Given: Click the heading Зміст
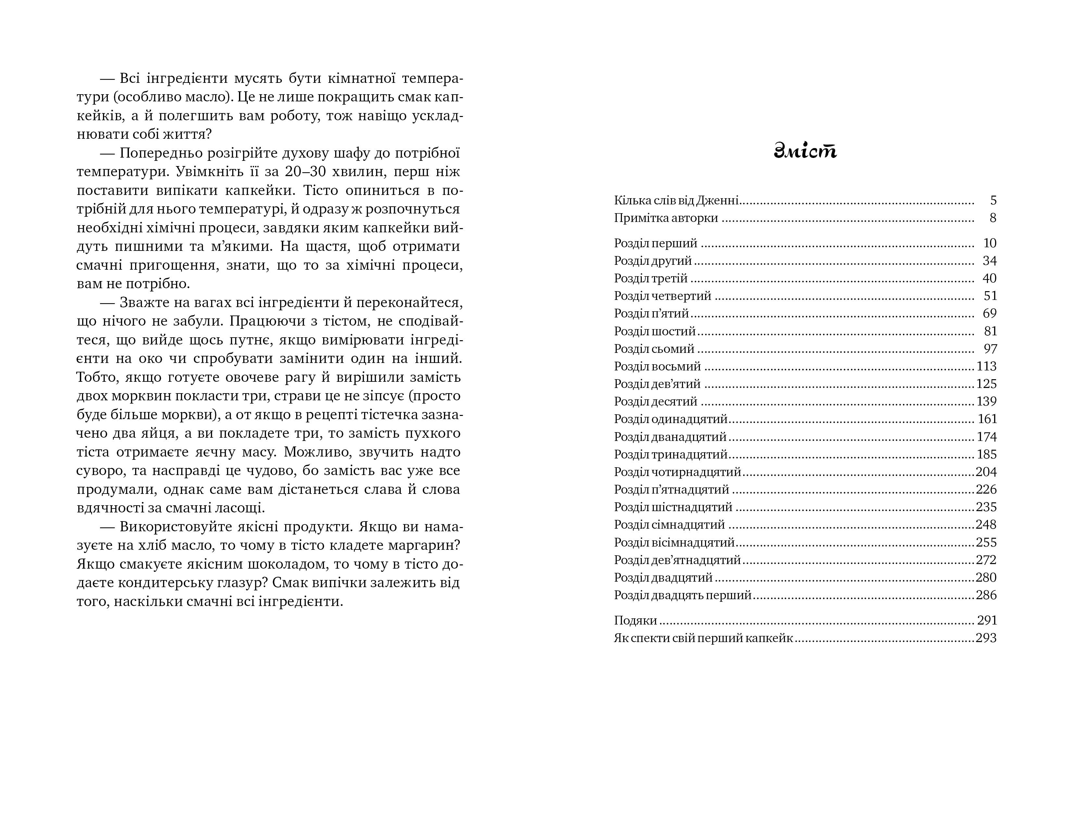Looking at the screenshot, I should [805, 151].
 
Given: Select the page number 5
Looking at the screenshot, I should [993, 200].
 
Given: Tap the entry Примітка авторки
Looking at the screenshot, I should [665, 218].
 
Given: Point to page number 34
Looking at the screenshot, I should [989, 261].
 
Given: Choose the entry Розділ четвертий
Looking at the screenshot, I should [662, 296].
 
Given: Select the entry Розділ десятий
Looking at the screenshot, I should [655, 402].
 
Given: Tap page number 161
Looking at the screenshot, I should [987, 419].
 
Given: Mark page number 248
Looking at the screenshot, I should [986, 524].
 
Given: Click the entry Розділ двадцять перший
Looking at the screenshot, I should [683, 595].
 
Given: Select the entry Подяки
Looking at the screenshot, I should [635, 621].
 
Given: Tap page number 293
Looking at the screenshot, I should [986, 638].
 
